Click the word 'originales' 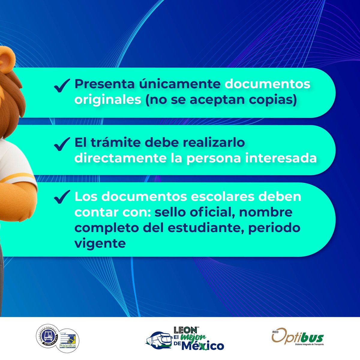108,100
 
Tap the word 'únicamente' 179,84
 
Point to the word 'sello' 170,212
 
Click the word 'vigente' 100,243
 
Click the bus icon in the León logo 159,340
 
